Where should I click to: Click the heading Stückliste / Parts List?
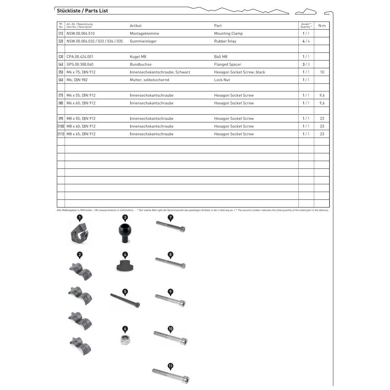tap(82, 11)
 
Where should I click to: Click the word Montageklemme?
tap(144, 34)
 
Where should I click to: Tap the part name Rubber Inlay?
tap(225, 41)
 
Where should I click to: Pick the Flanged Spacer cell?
tap(227, 64)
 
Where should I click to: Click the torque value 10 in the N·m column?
tap(322, 72)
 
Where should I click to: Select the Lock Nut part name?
tap(222, 80)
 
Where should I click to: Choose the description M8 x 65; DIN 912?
tap(81, 134)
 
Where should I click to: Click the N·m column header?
tap(322, 26)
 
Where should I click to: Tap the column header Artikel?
tap(136, 26)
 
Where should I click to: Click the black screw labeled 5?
tap(125, 300)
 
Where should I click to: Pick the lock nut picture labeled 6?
tap(125, 340)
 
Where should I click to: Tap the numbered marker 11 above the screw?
tap(170, 366)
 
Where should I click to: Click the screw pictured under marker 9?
tap(170, 301)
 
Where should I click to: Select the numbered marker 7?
tap(170, 217)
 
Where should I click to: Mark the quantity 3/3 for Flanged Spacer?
tap(306, 64)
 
